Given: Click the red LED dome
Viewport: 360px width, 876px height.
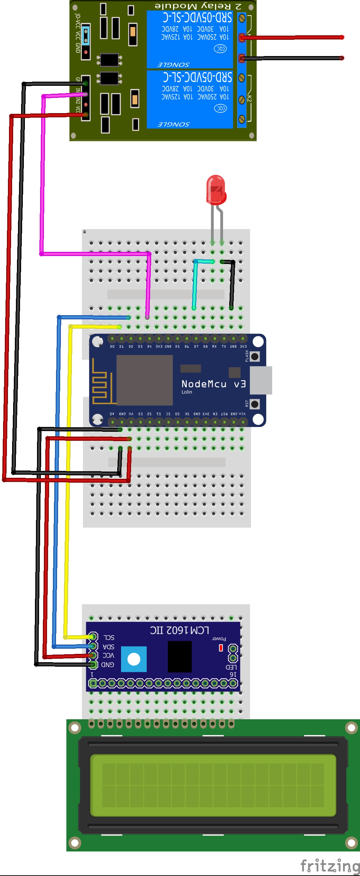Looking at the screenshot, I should click(216, 189).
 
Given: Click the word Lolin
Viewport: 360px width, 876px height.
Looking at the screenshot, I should click(187, 392).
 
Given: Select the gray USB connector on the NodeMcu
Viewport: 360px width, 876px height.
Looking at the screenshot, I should click(261, 380).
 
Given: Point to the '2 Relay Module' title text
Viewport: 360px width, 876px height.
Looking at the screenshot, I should click(198, 6).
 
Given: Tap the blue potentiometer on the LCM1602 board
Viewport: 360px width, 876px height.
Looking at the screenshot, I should click(134, 659).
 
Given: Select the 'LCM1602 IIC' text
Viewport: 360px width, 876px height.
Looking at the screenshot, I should click(179, 630).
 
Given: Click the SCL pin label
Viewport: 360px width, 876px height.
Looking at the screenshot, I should click(109, 637).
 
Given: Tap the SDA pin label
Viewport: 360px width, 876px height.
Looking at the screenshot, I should click(108, 647).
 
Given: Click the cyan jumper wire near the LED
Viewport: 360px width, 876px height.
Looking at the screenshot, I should click(195, 284).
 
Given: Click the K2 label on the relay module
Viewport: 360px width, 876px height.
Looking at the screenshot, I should click(249, 98).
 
